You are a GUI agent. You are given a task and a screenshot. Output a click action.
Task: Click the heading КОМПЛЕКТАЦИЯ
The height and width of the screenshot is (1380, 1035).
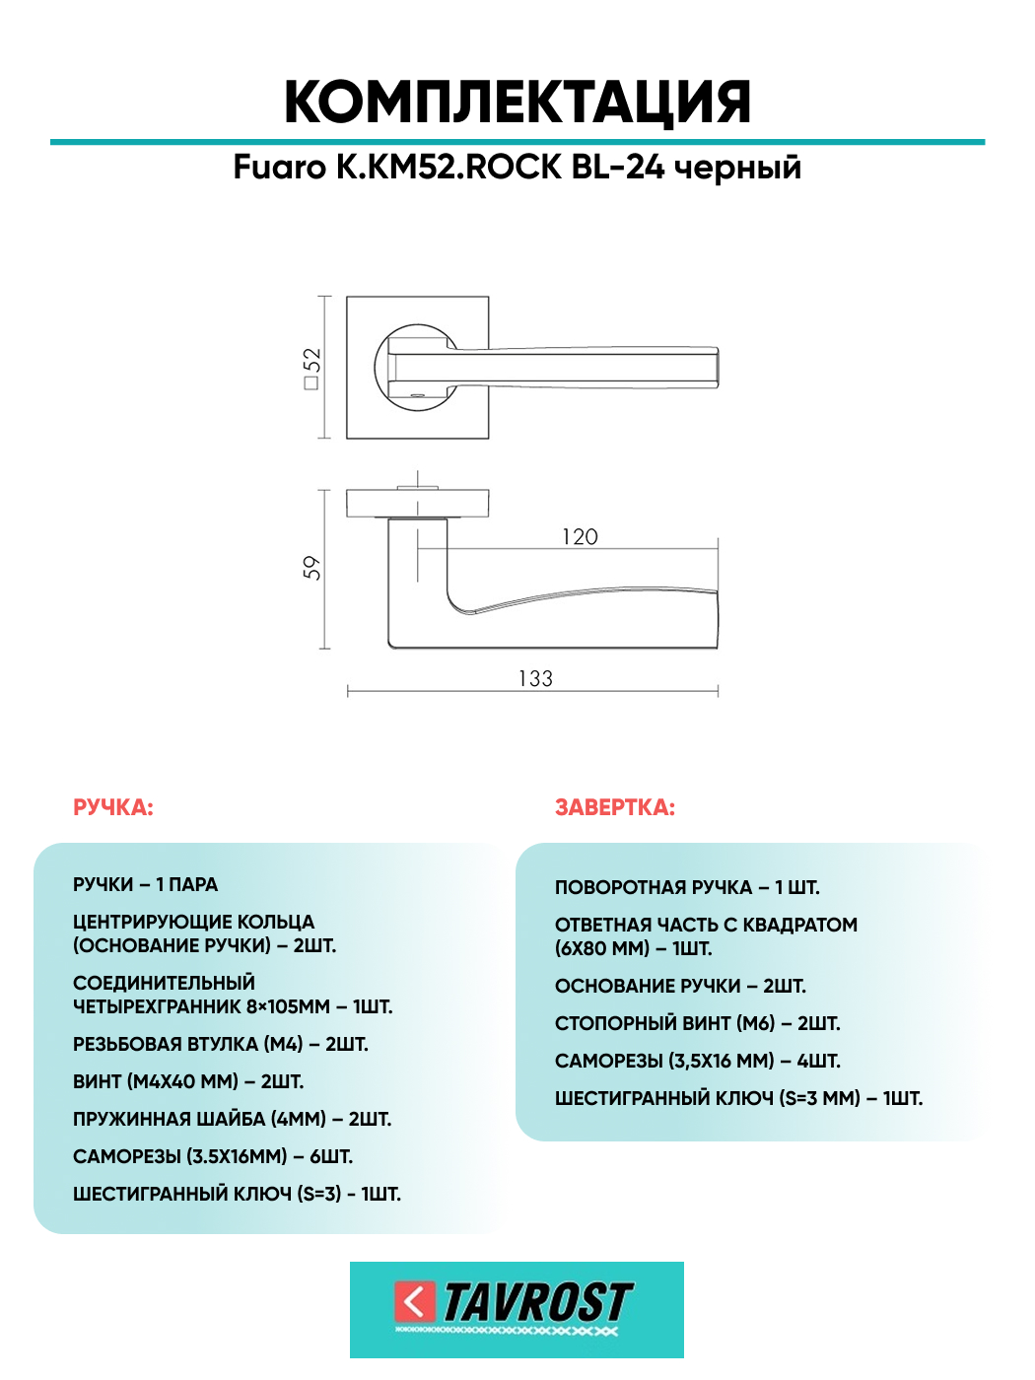[517, 103]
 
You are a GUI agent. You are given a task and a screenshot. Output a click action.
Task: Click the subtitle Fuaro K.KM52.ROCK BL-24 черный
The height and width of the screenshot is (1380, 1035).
[517, 168]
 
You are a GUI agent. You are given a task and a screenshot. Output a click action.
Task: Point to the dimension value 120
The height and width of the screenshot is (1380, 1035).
[580, 537]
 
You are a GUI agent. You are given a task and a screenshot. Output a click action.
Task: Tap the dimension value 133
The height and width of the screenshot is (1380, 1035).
[535, 678]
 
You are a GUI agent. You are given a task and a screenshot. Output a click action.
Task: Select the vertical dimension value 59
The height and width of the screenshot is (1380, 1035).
[311, 568]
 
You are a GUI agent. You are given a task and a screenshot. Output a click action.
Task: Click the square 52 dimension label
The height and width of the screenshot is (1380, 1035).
[312, 368]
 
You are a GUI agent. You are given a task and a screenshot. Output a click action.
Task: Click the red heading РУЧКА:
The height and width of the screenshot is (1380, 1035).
[113, 807]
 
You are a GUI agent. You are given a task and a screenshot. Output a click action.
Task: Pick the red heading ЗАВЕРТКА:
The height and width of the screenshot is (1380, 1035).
[615, 807]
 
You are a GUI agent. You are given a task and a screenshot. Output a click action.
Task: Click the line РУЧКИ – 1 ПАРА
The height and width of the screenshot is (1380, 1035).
[146, 884]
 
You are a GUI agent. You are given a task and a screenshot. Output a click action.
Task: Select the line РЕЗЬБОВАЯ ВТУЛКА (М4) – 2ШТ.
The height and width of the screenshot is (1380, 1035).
[221, 1044]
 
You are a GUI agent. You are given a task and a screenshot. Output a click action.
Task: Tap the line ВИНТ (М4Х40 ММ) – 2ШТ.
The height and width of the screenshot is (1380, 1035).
[188, 1081]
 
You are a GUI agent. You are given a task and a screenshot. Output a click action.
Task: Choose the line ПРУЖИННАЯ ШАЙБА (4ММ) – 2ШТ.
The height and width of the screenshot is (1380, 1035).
[233, 1119]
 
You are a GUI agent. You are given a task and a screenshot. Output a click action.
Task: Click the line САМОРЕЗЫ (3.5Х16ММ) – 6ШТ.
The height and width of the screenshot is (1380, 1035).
[213, 1156]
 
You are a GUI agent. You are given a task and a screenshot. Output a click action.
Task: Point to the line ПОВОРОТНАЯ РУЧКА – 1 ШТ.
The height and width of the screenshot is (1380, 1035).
[687, 887]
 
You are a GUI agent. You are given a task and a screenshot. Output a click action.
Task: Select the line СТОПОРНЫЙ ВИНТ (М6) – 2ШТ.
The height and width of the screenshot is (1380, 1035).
[698, 1023]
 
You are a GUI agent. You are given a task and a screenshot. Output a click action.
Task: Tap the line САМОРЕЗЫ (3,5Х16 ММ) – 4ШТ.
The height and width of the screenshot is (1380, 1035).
[698, 1061]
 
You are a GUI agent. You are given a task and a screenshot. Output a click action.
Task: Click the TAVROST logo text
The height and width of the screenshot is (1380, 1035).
[537, 1302]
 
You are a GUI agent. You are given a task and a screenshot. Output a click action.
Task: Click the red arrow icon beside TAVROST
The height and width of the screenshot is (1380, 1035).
[415, 1301]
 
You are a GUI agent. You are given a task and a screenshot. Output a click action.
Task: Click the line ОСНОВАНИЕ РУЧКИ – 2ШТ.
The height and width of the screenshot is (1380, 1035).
[680, 986]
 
